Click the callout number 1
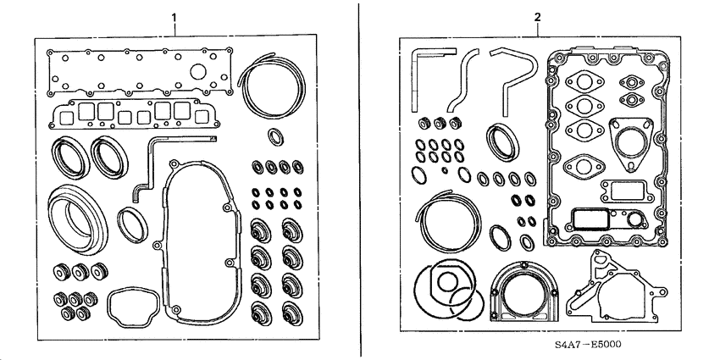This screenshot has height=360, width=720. [x=174, y=16]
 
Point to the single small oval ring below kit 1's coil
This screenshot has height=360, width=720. [x=275, y=136]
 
